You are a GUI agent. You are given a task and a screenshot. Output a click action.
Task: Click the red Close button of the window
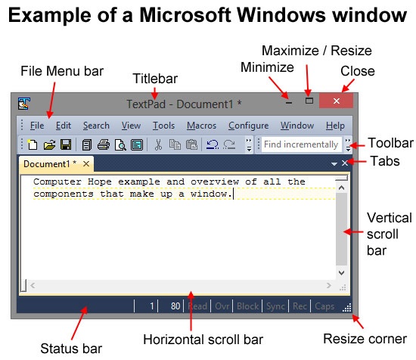[336, 101]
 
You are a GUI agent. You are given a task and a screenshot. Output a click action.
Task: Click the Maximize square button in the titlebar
[309, 101]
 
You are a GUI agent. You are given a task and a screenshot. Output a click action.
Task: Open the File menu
[37, 126]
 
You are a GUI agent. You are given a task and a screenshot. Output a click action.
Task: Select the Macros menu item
[201, 126]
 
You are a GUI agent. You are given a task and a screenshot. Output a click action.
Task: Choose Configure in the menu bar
[249, 126]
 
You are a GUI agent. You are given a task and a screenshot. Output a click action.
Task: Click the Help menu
[335, 126]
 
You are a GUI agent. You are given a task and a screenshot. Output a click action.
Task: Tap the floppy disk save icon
[66, 145]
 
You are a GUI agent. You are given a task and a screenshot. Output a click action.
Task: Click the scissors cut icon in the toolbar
[158, 145]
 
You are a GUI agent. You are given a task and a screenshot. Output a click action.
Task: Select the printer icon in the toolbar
[104, 145]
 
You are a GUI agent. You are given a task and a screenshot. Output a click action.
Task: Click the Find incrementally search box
[301, 144]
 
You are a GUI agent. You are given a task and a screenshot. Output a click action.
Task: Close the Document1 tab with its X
[86, 164]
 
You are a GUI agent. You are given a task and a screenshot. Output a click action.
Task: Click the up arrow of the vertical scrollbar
[341, 188]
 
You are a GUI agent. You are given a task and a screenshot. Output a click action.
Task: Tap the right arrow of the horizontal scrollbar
[329, 285]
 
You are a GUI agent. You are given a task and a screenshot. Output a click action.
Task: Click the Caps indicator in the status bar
[324, 306]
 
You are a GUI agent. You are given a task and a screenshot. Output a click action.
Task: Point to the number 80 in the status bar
[175, 306]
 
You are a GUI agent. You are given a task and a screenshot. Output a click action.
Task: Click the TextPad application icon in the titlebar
[24, 104]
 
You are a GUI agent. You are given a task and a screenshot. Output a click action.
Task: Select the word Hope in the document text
[100, 182]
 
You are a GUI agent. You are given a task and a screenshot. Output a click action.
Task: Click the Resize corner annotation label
[365, 339]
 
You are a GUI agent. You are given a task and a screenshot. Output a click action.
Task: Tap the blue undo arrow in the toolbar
[213, 144]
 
